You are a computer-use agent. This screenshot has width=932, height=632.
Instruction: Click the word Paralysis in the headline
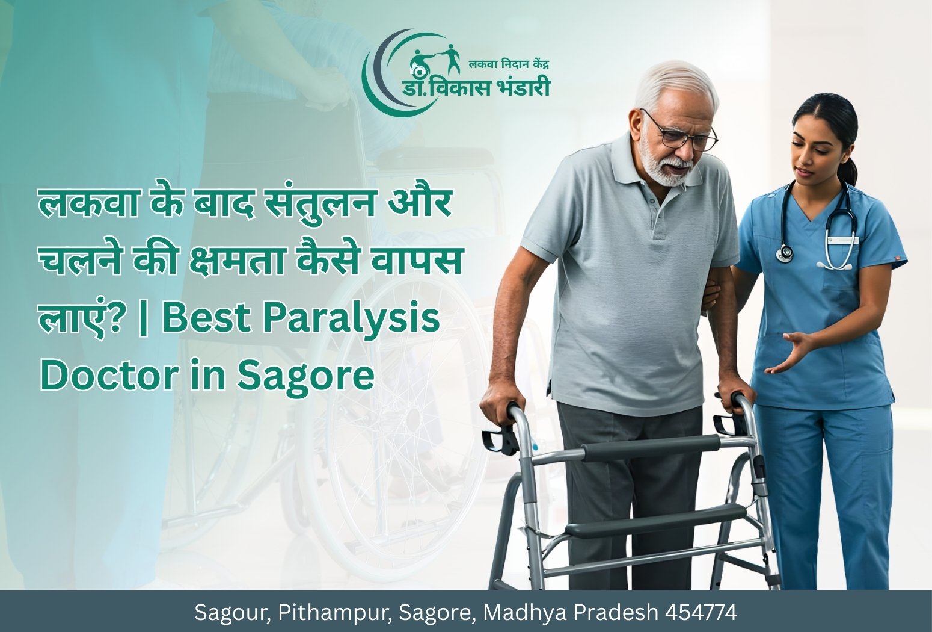click(x=354, y=319)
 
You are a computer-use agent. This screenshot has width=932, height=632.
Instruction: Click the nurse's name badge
click(x=842, y=240)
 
